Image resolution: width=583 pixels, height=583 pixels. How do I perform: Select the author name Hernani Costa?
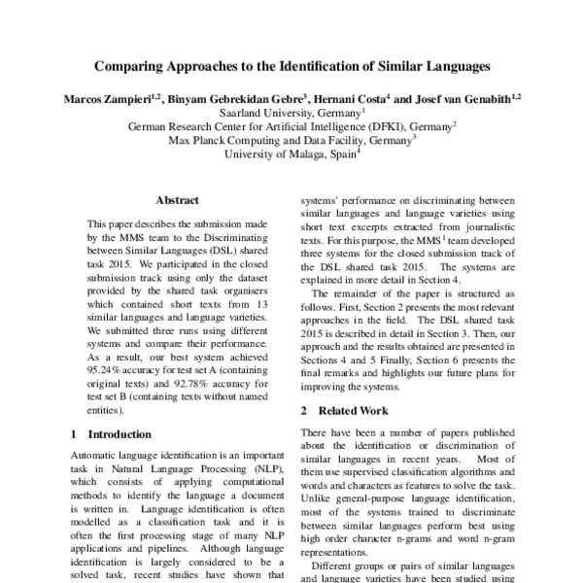point(350,98)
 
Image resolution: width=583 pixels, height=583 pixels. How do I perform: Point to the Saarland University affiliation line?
point(291,112)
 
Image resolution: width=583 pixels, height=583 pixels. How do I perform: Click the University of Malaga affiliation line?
point(291,154)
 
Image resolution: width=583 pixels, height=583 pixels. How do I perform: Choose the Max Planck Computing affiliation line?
point(291,140)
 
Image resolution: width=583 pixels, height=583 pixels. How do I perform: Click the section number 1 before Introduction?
point(76,434)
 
